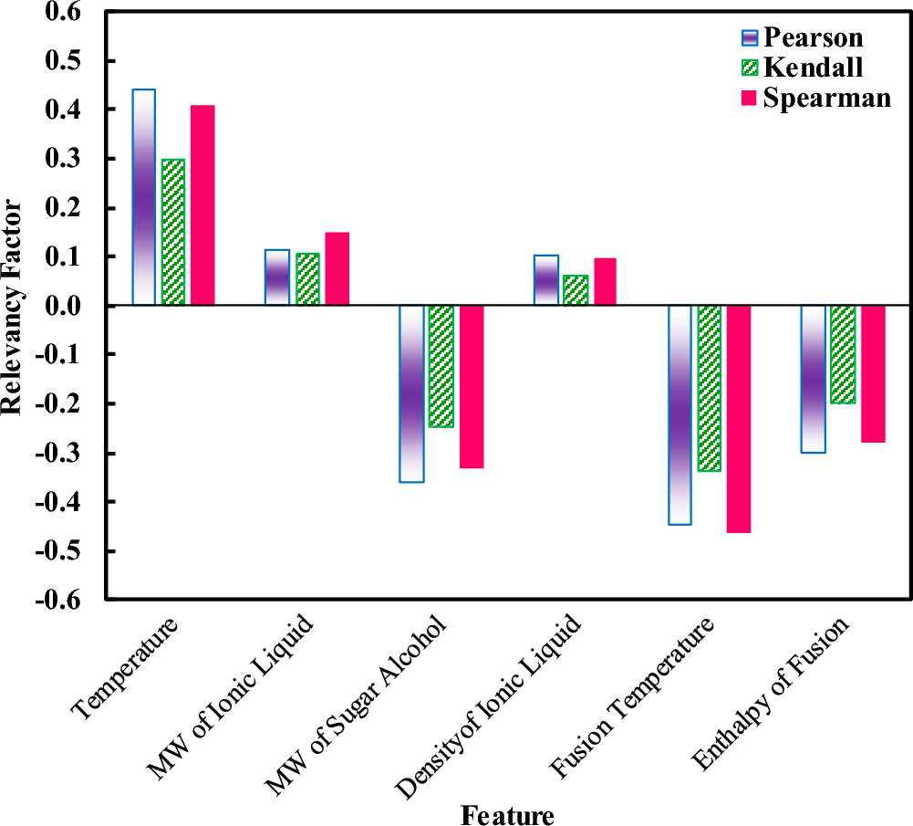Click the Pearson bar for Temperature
click(144, 197)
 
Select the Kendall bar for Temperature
click(173, 232)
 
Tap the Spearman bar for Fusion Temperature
click(739, 419)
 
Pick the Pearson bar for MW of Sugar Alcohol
click(412, 393)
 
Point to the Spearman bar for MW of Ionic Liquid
click(337, 268)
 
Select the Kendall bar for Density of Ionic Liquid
click(576, 289)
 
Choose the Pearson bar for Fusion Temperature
click(680, 415)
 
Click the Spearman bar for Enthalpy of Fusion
click(873, 374)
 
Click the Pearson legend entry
click(801, 37)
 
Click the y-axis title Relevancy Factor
click(13, 306)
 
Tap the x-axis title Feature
click(507, 813)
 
